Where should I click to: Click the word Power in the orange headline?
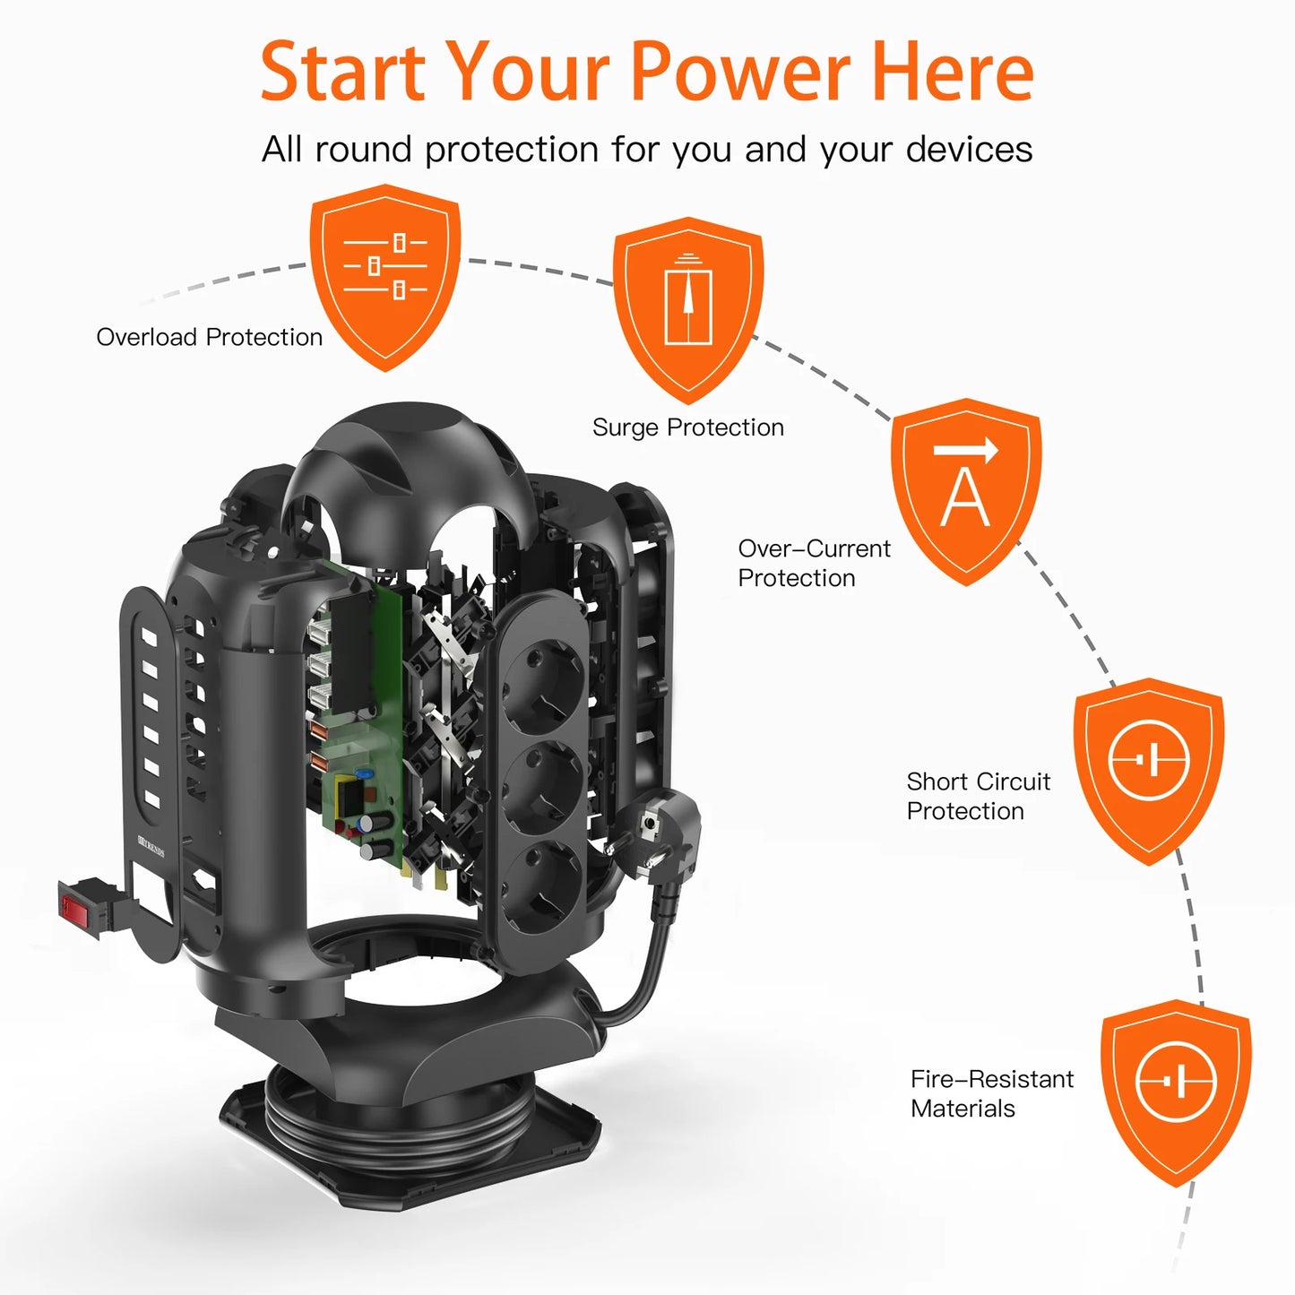741,71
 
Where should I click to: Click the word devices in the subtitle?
969,149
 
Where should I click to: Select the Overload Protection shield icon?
385,277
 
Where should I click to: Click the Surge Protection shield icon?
688,310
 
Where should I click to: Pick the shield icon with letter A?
966,491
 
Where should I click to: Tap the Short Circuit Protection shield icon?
1149,771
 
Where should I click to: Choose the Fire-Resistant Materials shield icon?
1176,1092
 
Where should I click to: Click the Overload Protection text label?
210,337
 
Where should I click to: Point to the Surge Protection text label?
688,427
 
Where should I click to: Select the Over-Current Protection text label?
814,563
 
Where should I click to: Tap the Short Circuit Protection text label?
979,797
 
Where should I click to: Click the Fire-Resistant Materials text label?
992,1093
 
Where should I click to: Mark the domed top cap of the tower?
408,471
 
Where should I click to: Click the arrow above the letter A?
966,449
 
